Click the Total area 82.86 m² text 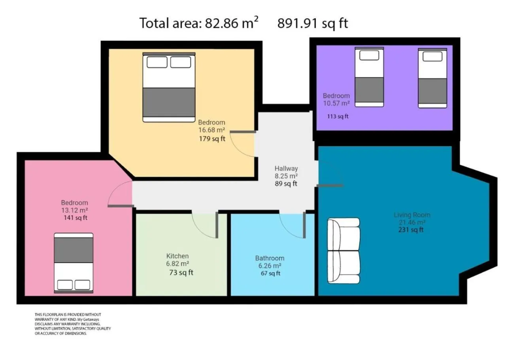pyautogui.click(x=199, y=23)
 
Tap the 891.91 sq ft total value pyautogui.click(x=312, y=23)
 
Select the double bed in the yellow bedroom pyautogui.click(x=169, y=87)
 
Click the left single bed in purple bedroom pyautogui.click(x=369, y=77)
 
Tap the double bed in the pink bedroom pyautogui.click(x=74, y=263)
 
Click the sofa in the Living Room pyautogui.click(x=344, y=250)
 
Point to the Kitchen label pyautogui.click(x=177, y=256)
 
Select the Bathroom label pyautogui.click(x=269, y=258)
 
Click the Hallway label pyautogui.click(x=286, y=168)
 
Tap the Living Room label pyautogui.click(x=412, y=215)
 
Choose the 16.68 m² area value pyautogui.click(x=212, y=130)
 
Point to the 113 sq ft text pyautogui.click(x=338, y=116)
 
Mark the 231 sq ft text pyautogui.click(x=411, y=230)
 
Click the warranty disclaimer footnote pyautogui.click(x=72, y=324)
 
